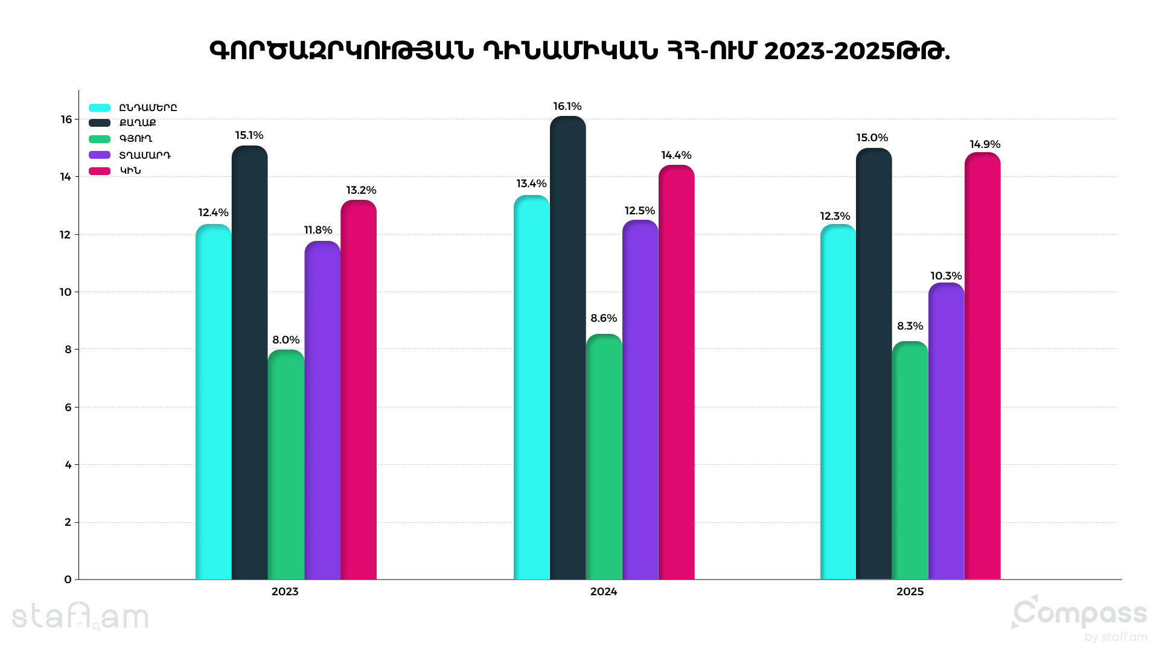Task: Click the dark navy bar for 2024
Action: point(567,350)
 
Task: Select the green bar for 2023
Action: point(286,465)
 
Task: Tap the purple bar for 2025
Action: point(946,432)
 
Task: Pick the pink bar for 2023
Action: point(359,392)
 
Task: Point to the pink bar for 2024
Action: point(676,374)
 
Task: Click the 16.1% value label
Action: point(567,107)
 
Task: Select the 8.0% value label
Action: point(286,340)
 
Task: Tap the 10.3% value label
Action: point(946,276)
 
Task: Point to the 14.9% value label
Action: point(985,144)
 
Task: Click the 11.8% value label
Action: point(318,230)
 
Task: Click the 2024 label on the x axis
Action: point(604,592)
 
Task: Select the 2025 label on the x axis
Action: point(910,592)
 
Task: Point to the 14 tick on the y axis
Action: point(65,177)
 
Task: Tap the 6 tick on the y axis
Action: point(68,407)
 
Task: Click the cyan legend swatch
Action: point(100,108)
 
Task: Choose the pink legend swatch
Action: point(100,171)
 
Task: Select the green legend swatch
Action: point(100,139)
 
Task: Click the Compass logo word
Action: point(1081,615)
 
